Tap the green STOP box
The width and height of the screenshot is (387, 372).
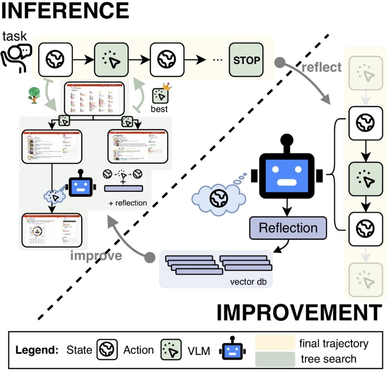(x=246, y=59)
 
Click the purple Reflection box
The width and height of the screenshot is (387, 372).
(x=288, y=227)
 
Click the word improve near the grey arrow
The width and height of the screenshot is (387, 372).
(x=96, y=255)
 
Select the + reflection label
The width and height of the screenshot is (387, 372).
(x=128, y=203)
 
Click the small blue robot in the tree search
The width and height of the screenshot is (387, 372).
(x=80, y=185)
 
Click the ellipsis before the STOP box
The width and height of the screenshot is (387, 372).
(x=216, y=60)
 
